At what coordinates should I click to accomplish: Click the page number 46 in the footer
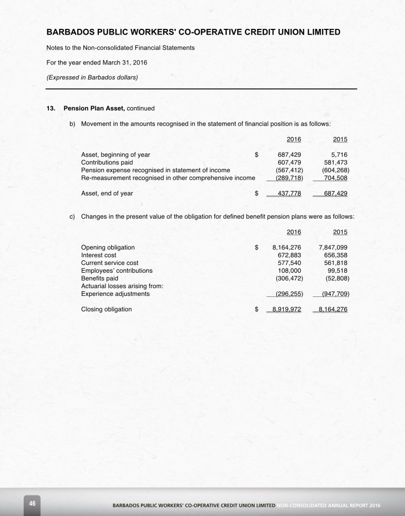[32, 503]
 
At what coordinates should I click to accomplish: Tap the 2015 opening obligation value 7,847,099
[333, 247]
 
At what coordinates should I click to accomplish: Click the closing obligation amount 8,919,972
[286, 309]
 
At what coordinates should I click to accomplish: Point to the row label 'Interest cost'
[98, 255]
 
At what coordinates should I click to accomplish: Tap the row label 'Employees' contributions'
[116, 270]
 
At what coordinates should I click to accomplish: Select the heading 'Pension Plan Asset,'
[94, 108]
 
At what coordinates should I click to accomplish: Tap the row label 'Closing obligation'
[106, 309]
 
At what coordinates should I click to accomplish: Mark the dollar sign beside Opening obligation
[257, 247]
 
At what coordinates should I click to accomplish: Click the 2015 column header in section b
[340, 140]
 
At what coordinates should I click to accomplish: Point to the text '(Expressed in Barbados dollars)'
[92, 78]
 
